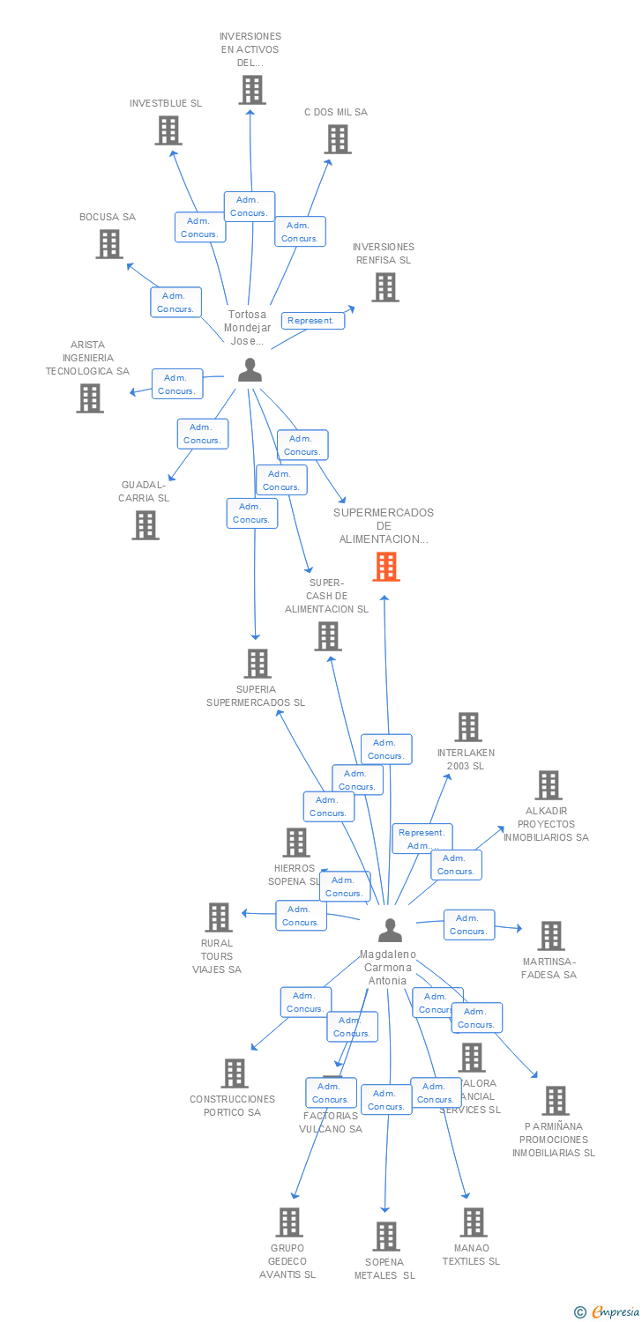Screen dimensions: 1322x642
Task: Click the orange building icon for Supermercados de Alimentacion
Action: click(x=386, y=567)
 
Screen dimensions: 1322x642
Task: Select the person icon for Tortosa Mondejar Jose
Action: click(x=250, y=370)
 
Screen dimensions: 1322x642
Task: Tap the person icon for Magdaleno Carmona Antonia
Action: click(x=390, y=930)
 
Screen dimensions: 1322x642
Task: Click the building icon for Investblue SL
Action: click(x=168, y=130)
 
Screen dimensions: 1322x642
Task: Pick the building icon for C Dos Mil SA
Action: click(x=337, y=139)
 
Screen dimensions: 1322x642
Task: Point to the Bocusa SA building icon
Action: click(x=109, y=244)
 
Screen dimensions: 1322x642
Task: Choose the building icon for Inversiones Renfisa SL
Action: click(x=384, y=287)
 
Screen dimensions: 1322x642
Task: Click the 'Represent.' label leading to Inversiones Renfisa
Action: click(x=312, y=321)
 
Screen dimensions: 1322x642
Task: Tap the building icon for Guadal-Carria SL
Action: click(x=146, y=525)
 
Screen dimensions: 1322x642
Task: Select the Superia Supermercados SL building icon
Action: click(x=257, y=664)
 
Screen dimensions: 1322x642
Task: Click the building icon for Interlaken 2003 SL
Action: click(x=467, y=727)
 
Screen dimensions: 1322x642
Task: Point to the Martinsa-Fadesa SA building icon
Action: click(x=550, y=936)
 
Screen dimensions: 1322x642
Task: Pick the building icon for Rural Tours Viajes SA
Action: click(x=218, y=917)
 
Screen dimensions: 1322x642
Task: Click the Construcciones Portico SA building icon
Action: click(x=235, y=1073)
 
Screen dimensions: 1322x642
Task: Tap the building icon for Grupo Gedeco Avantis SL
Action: click(x=289, y=1222)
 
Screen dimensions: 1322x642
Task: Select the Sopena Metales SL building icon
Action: click(x=385, y=1237)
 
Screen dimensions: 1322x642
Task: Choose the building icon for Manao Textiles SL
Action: click(x=474, y=1222)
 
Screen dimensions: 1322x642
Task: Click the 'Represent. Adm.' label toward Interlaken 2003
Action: click(x=422, y=839)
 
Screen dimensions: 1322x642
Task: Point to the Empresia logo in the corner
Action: click(x=608, y=1312)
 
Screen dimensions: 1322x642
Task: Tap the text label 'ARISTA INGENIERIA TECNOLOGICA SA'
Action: click(x=87, y=358)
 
